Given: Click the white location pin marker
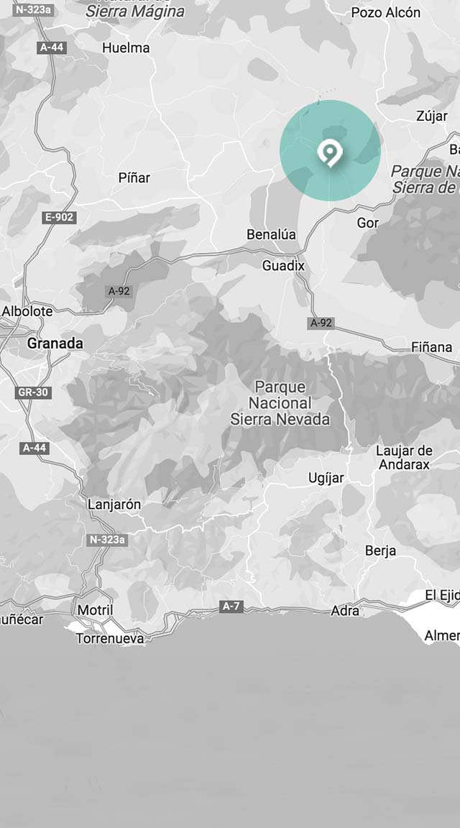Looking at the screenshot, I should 330,152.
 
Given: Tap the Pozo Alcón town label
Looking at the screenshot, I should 385,12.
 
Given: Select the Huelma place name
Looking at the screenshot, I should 126,48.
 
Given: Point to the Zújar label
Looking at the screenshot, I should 431,116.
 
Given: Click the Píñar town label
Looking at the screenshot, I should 134,177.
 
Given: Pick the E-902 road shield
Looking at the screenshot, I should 59,217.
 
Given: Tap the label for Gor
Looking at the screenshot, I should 367,223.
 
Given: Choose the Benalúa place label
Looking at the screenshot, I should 271,234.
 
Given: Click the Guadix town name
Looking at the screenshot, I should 283,266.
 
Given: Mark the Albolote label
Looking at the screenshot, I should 27,311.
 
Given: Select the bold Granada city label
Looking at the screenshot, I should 55,344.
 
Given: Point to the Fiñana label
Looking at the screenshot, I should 431,347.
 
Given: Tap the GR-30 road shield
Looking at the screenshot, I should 33,392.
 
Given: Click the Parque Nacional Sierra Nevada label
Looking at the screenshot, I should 280,403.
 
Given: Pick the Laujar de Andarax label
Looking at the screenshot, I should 403,458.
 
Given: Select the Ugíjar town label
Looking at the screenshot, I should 326,478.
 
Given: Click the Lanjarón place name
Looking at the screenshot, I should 114,504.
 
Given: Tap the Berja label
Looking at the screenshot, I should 380,551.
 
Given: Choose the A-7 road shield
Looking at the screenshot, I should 231,607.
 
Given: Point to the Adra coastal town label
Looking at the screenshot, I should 345,611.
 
